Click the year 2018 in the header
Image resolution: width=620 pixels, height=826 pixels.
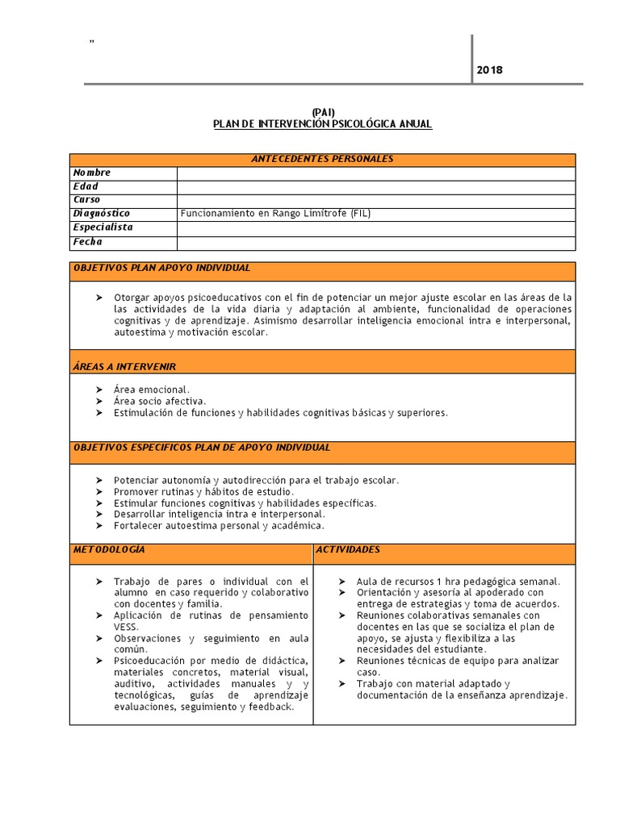[x=489, y=70]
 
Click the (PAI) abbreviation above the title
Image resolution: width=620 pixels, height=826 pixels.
[x=323, y=112]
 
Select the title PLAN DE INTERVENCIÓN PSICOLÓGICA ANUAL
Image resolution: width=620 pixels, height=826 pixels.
[x=323, y=124]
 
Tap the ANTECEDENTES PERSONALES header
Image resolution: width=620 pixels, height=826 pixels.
[x=323, y=159]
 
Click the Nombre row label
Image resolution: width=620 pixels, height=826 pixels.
[x=92, y=173]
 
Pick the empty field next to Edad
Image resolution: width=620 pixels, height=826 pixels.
[x=375, y=186]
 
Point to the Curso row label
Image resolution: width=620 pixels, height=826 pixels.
[x=87, y=200]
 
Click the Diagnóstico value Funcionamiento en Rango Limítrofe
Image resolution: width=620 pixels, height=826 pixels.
[x=275, y=214]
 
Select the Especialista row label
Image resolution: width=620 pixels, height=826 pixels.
[x=103, y=227]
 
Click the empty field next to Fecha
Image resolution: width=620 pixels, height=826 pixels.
[x=375, y=242]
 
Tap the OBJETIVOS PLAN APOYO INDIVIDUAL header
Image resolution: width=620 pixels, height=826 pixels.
[x=162, y=268]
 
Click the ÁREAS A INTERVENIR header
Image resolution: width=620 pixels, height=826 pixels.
[x=124, y=367]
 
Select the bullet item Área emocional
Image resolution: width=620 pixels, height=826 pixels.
[x=152, y=390]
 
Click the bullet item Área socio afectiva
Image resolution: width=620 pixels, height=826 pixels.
[x=160, y=401]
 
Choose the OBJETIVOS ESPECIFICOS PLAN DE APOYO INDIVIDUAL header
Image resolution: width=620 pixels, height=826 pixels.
[x=202, y=448]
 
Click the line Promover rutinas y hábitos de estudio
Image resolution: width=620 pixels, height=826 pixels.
[x=204, y=491]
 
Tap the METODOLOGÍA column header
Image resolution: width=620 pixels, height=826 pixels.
[x=109, y=549]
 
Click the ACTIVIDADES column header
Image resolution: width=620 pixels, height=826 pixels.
[x=348, y=549]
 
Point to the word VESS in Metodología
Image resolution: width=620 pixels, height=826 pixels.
[x=126, y=626]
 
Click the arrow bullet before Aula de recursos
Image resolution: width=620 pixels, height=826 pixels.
[x=341, y=582]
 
